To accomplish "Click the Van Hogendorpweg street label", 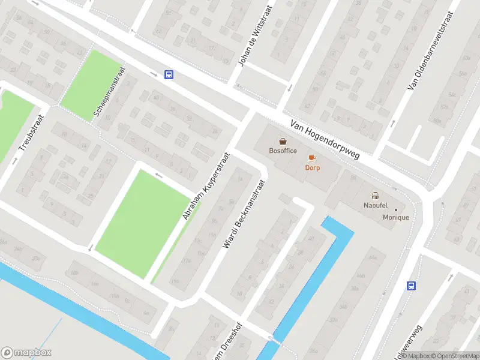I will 325,139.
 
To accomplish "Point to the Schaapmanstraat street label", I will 107,91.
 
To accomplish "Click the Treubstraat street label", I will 28,133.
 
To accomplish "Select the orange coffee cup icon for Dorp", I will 311,158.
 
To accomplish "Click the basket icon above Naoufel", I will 376,195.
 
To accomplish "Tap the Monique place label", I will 396,217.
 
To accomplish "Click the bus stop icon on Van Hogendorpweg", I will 169,75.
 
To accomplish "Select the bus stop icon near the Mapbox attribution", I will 412,286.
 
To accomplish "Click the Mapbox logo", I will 26,353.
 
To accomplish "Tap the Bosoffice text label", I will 283,151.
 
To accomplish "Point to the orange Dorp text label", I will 312,167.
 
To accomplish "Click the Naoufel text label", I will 376,205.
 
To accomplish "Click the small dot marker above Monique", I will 395,209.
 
